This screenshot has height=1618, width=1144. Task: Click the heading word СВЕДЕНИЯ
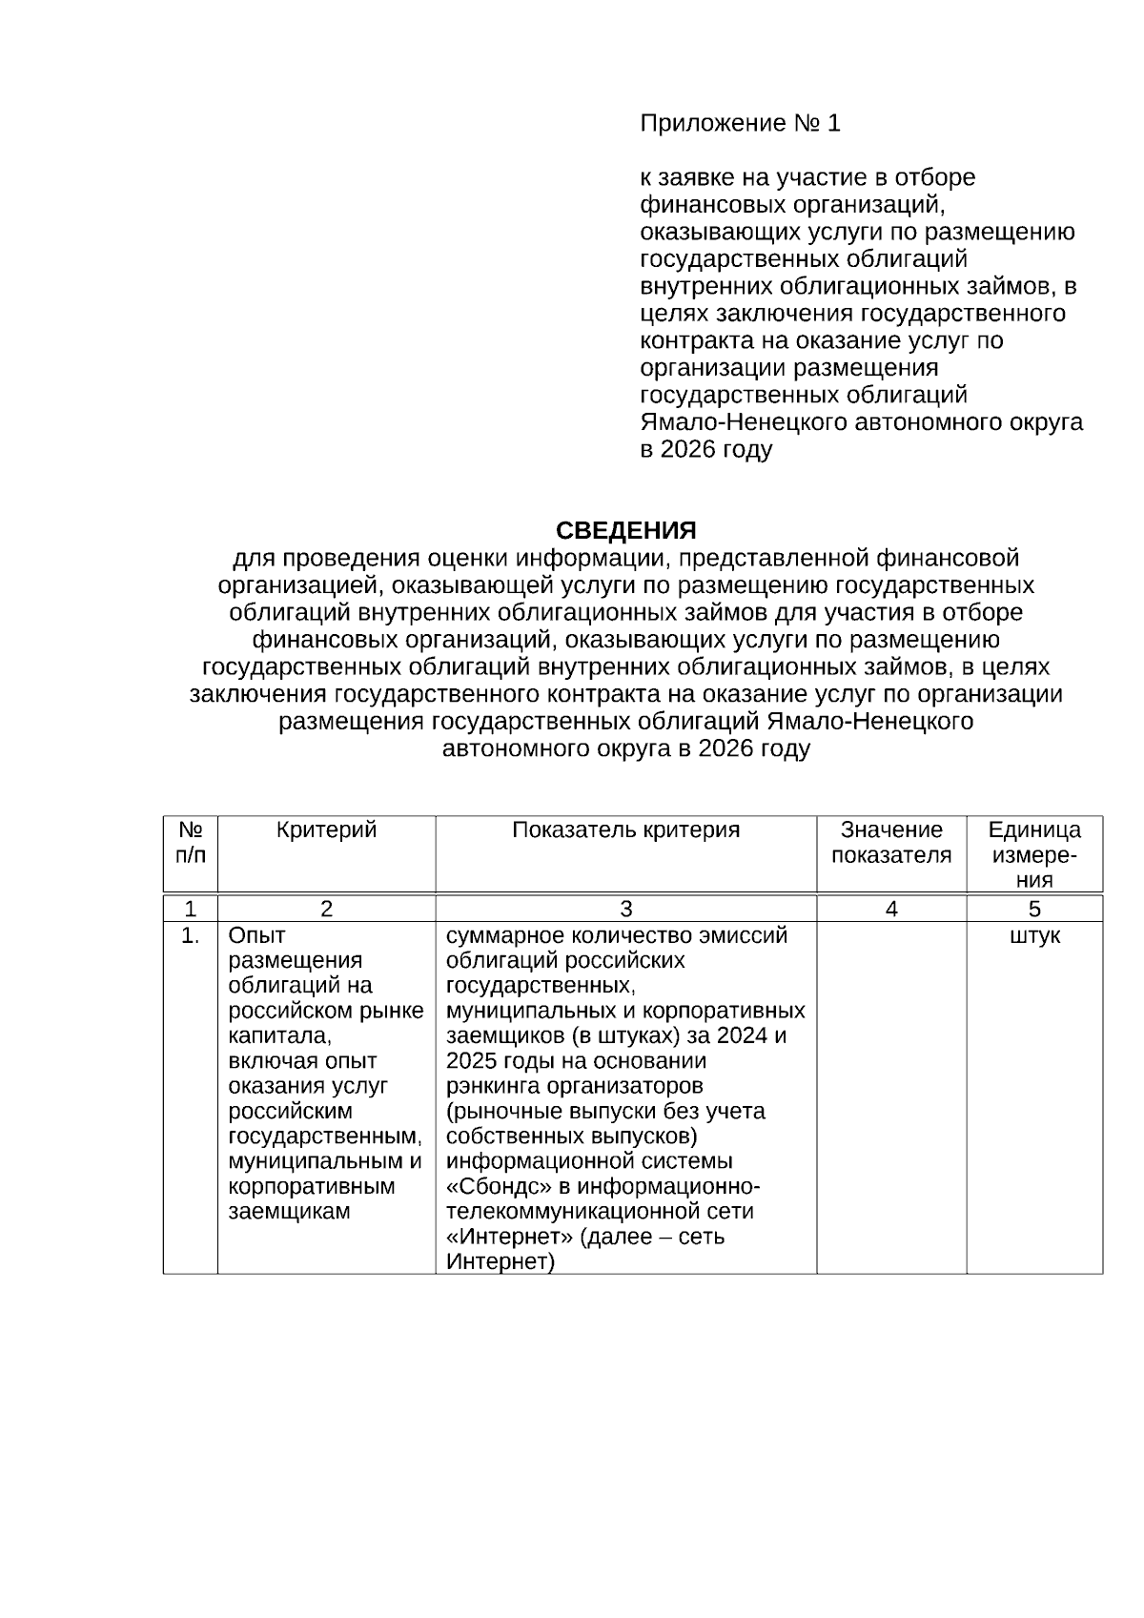[625, 530]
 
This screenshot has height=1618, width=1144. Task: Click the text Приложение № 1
[740, 123]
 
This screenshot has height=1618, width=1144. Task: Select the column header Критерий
[326, 830]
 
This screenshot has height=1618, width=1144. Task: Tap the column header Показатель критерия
[625, 830]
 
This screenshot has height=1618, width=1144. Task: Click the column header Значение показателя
[891, 842]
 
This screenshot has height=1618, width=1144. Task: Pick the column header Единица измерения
[1034, 854]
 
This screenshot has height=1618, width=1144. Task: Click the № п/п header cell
[191, 842]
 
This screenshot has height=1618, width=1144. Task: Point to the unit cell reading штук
[1034, 936]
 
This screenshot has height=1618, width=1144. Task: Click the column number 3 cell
[625, 910]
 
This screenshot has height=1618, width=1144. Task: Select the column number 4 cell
[891, 910]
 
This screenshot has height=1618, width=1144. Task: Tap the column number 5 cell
[1034, 910]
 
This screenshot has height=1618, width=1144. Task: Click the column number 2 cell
[326, 910]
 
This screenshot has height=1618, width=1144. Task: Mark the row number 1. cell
[191, 936]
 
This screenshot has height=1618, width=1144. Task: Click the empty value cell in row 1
[891, 1096]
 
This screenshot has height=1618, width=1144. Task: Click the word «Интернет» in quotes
[500, 1238]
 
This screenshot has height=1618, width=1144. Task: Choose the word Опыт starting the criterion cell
[256, 936]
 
